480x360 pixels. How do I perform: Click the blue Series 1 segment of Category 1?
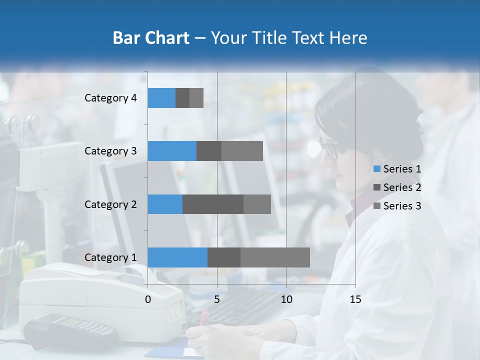pyautogui.click(x=177, y=257)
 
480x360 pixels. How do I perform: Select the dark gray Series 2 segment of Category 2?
pyautogui.click(x=213, y=204)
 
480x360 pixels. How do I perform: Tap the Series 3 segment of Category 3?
pyautogui.click(x=242, y=151)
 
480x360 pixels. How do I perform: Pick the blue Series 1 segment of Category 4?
pyautogui.click(x=161, y=98)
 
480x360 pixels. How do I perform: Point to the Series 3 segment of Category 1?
pyautogui.click(x=275, y=257)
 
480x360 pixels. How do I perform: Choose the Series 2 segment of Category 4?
pyautogui.click(x=182, y=98)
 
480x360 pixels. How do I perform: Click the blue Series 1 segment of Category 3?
pyautogui.click(x=172, y=151)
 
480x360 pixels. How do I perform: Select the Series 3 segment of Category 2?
pyautogui.click(x=257, y=204)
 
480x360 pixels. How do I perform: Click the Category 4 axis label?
pyautogui.click(x=110, y=98)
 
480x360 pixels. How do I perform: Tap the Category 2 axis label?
pyautogui.click(x=110, y=204)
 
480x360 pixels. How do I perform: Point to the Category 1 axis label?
pyautogui.click(x=110, y=257)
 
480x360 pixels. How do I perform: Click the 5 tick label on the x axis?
pyautogui.click(x=217, y=299)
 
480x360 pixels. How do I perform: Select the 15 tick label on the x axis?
pyautogui.click(x=355, y=299)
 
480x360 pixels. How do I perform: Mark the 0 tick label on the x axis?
pyautogui.click(x=148, y=299)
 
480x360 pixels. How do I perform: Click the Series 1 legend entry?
pyautogui.click(x=397, y=169)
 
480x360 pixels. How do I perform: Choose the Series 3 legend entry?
pyautogui.click(x=397, y=206)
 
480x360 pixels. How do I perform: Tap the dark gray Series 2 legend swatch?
pyautogui.click(x=377, y=187)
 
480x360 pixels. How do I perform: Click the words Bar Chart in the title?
pyautogui.click(x=151, y=38)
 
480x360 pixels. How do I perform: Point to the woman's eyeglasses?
pyautogui.click(x=329, y=148)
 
